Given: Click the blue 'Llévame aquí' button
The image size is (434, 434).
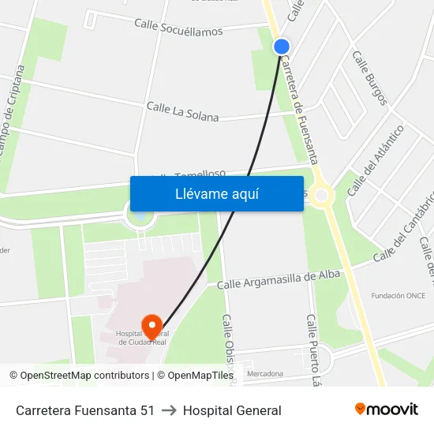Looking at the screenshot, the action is click(x=216, y=193).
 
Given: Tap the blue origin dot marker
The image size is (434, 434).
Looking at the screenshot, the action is click(x=282, y=47).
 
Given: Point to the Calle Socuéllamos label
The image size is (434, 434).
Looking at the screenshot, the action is click(x=178, y=28).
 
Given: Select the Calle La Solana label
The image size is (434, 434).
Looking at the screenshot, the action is click(x=182, y=111).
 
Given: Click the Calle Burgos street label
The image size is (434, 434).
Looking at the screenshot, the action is click(x=370, y=78).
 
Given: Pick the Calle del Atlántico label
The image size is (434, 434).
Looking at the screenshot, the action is click(x=375, y=161).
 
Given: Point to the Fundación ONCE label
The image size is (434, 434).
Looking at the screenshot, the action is click(x=398, y=296).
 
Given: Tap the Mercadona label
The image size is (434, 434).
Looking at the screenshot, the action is click(x=264, y=373).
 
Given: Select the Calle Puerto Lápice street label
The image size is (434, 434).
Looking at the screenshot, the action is click(x=314, y=347).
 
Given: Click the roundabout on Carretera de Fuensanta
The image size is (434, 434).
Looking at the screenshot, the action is click(x=321, y=194).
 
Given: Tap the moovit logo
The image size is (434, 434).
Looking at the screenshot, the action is click(x=386, y=410).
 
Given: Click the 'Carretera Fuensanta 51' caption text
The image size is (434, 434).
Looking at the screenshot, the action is click(x=85, y=410).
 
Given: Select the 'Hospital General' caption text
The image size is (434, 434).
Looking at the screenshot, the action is click(x=232, y=410).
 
